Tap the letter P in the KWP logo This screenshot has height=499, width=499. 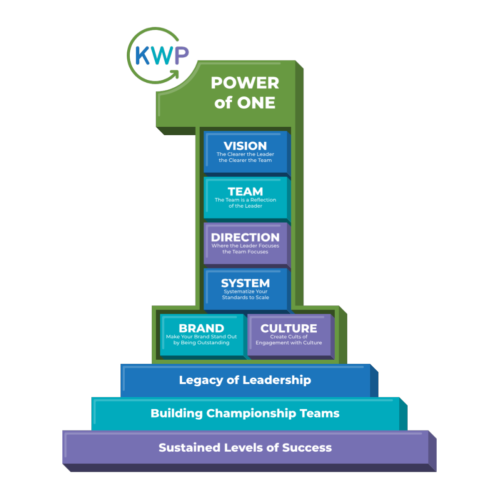click(x=181, y=56)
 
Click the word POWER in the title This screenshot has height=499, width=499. click(x=245, y=83)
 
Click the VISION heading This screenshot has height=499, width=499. click(x=245, y=146)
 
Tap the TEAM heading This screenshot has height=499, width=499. click(x=245, y=192)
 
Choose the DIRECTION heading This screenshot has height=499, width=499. click(x=245, y=238)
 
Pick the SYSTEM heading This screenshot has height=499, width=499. click(x=245, y=283)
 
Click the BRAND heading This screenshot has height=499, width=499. click(x=201, y=328)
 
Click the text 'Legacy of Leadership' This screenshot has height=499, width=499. click(x=245, y=380)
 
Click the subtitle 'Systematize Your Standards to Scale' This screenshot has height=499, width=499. click(x=245, y=294)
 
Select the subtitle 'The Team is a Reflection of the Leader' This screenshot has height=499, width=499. click(x=245, y=203)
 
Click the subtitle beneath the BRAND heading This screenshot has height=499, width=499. click(x=201, y=340)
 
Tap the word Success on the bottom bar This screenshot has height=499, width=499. click(x=307, y=448)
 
